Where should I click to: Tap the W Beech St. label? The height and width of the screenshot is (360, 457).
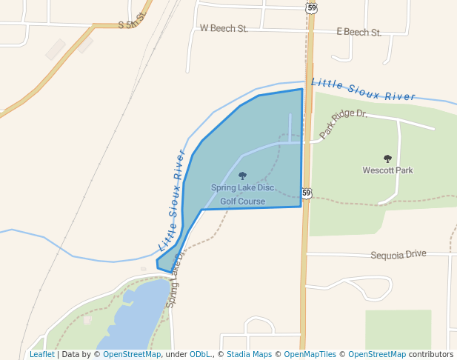[223, 28]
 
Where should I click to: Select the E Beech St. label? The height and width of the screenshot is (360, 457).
[358, 33]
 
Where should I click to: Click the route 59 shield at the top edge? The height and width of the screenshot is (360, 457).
[311, 7]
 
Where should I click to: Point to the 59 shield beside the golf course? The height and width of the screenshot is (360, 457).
[307, 193]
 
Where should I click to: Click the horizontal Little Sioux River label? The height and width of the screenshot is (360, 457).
[362, 90]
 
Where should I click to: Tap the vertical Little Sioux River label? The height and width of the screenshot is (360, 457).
[172, 199]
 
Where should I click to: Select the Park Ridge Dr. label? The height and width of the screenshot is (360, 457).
[344, 123]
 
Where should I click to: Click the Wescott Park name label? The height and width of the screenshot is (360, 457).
[387, 170]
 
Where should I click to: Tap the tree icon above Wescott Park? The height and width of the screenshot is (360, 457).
[387, 159]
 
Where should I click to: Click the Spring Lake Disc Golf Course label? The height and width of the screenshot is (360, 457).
[242, 194]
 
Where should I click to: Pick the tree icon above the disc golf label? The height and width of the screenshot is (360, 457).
[242, 176]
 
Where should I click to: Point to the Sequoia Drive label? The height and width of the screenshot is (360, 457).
[398, 254]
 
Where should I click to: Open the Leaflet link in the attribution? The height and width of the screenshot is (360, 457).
[41, 355]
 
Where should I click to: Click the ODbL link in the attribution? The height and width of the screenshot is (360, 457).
[201, 355]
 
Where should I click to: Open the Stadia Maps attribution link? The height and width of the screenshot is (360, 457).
[249, 355]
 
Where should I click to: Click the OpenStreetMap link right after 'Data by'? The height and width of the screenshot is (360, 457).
[131, 355]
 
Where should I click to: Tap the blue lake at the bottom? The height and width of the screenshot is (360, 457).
[137, 319]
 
